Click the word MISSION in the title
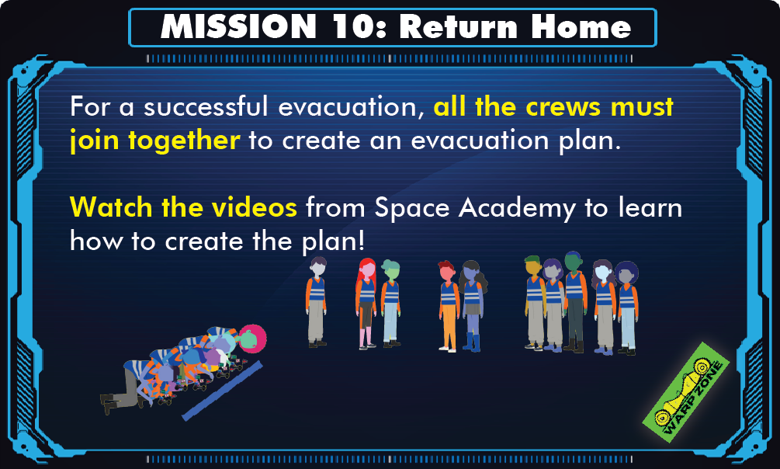click(x=238, y=26)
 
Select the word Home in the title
click(x=581, y=26)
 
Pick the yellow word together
click(x=185, y=141)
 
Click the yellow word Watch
click(x=111, y=207)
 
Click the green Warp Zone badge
click(x=686, y=392)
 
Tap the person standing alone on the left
click(x=317, y=302)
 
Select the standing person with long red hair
click(x=366, y=303)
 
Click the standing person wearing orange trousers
click(x=448, y=306)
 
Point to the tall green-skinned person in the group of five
click(x=574, y=302)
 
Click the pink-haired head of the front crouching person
click(x=252, y=338)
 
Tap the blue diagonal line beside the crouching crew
click(x=223, y=391)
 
